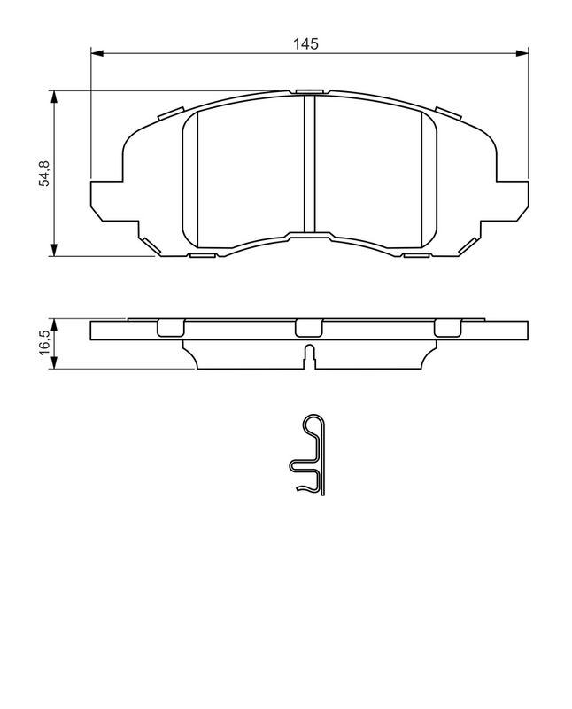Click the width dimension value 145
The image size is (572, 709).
309,43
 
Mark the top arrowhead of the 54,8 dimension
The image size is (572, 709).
55,96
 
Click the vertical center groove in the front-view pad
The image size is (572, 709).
309,164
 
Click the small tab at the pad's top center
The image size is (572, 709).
309,90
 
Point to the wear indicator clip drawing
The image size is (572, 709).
311,456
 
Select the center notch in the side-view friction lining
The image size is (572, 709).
309,356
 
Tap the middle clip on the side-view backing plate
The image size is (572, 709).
309,328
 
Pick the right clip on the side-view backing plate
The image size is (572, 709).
448,328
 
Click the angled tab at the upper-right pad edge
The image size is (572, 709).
448,113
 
